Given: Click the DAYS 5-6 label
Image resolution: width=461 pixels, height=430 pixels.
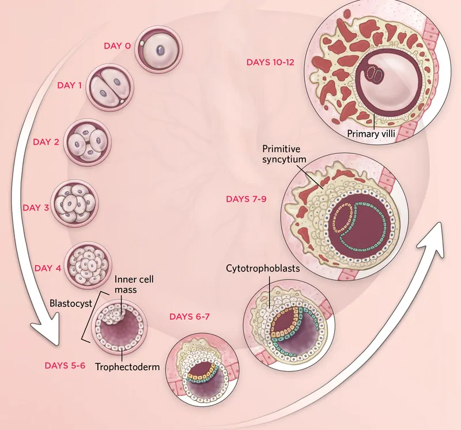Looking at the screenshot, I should tap(65, 365).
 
